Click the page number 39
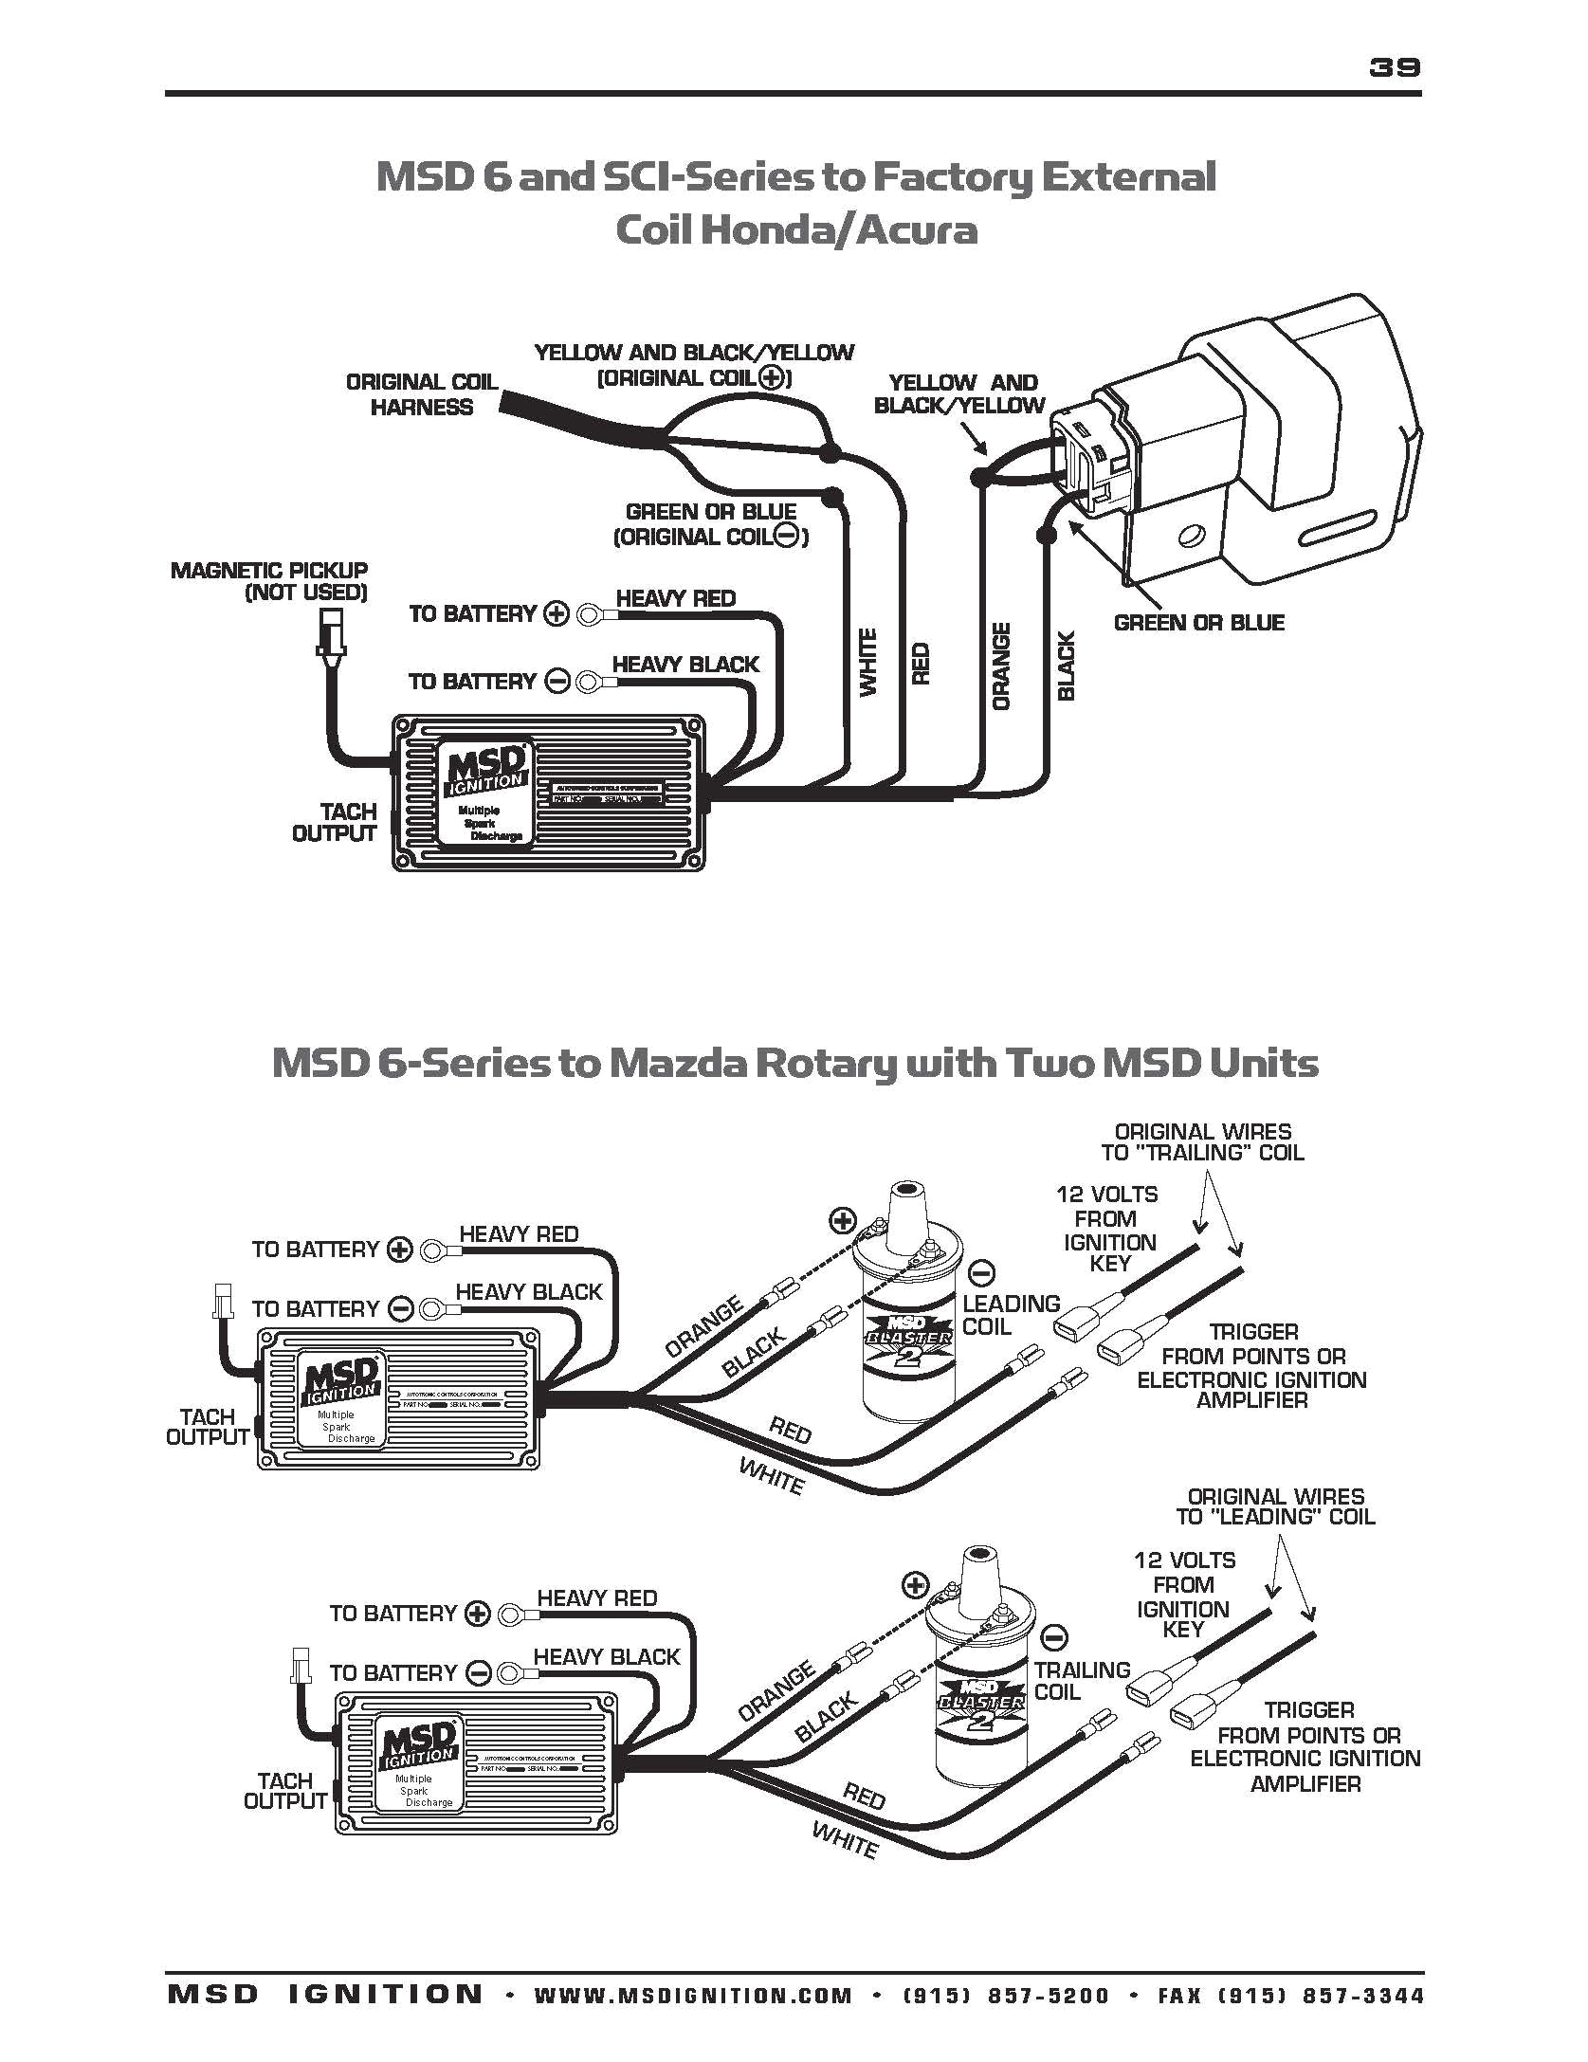1394,66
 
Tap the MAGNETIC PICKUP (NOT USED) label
269,581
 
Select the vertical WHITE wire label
868,663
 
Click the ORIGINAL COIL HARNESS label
421,394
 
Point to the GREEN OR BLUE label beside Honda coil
1198,623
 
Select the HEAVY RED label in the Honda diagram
675,598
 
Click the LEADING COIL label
1010,1315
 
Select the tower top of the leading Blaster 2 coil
906,1191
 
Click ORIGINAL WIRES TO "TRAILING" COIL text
1202,1142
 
